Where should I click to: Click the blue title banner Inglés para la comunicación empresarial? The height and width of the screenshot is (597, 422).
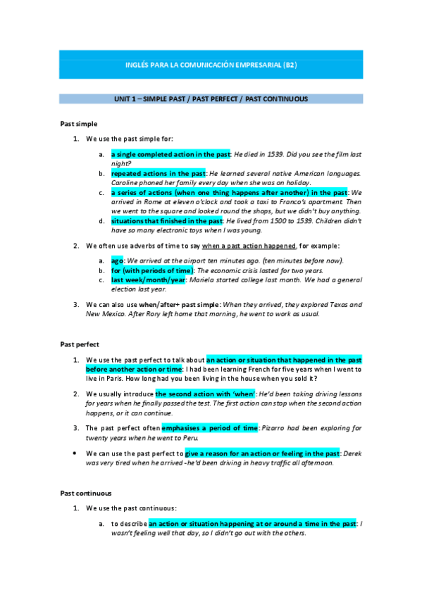(211, 65)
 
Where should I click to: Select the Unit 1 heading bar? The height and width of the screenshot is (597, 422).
(211, 99)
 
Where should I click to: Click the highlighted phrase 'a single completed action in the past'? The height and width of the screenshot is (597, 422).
(171, 154)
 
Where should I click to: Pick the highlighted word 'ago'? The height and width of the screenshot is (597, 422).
(117, 260)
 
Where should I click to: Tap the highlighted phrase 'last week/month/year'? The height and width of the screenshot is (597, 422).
(148, 279)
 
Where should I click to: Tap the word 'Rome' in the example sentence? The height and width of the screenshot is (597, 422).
(144, 201)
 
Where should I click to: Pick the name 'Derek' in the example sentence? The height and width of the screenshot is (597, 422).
(352, 453)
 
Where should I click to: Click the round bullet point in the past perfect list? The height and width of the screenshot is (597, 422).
(76, 453)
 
